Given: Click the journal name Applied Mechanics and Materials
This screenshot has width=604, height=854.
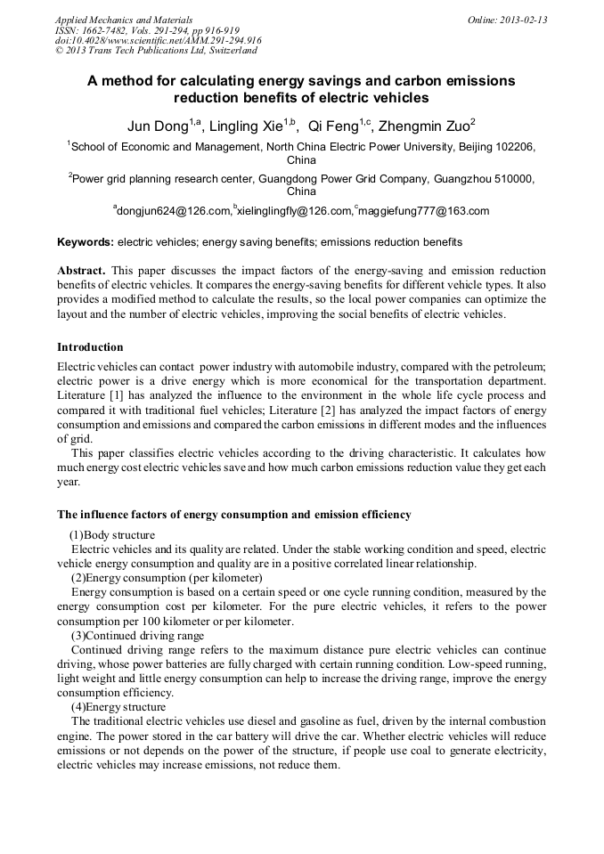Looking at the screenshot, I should tap(123, 20).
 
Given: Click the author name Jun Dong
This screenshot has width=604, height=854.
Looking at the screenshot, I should tap(157, 126).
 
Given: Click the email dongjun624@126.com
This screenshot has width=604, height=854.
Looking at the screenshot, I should tap(172, 211).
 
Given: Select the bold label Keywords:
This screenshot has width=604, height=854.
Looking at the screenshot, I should tap(86, 242).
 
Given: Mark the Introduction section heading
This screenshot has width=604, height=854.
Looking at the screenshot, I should tap(90, 347).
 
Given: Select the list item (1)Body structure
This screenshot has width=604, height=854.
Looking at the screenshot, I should tap(112, 535).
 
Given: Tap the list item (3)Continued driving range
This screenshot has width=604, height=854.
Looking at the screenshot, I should tap(137, 636).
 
